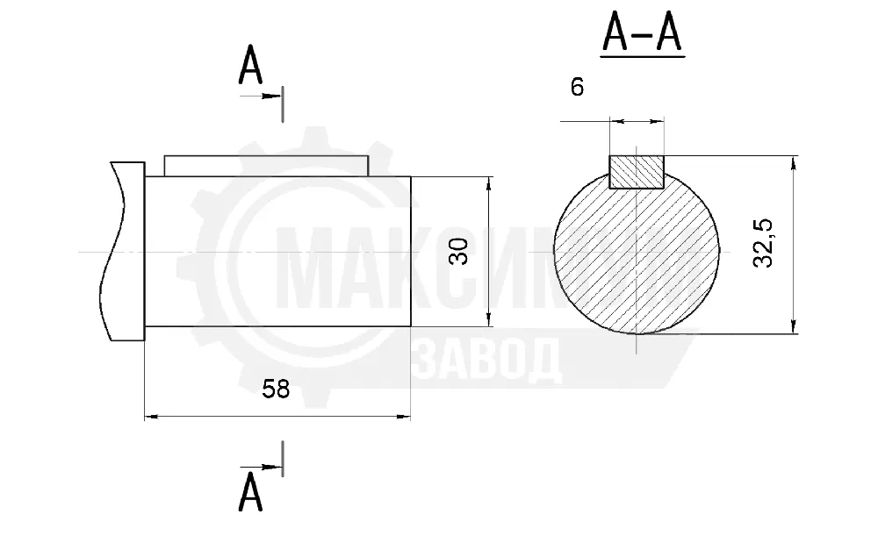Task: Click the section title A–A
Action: coord(643,34)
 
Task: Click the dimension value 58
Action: coord(276,389)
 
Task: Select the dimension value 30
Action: coord(459,252)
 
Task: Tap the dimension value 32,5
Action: coord(763,243)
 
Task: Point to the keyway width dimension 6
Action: coord(578,87)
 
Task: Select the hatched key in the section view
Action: coord(637,172)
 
